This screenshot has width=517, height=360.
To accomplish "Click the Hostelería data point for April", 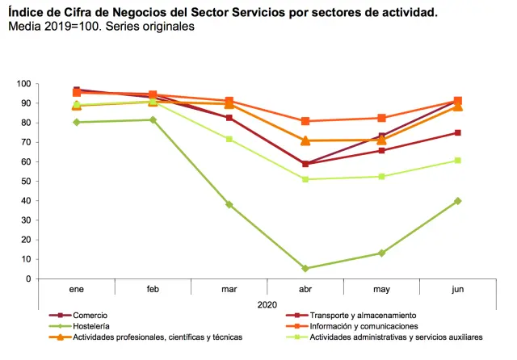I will pyautogui.click(x=305, y=269).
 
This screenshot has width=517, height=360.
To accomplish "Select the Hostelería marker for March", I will pyautogui.click(x=229, y=205).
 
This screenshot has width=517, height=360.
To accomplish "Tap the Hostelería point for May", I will pyautogui.click(x=381, y=253).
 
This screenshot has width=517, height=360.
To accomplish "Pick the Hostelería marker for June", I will pyautogui.click(x=458, y=201).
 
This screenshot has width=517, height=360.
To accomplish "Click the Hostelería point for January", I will pyautogui.click(x=77, y=123).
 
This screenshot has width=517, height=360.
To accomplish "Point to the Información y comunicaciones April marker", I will pyautogui.click(x=305, y=121).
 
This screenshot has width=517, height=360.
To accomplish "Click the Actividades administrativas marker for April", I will pyautogui.click(x=305, y=179).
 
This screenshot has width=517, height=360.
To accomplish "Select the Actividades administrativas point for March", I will pyautogui.click(x=229, y=139).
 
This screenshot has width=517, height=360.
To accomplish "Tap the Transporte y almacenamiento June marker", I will pyautogui.click(x=458, y=132).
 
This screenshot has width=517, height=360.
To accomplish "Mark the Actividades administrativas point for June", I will pyautogui.click(x=458, y=161).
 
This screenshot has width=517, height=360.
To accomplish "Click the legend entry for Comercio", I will pyautogui.click(x=88, y=315).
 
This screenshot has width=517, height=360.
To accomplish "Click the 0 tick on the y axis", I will pyautogui.click(x=27, y=279).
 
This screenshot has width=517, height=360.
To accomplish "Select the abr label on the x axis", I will pyautogui.click(x=305, y=288).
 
